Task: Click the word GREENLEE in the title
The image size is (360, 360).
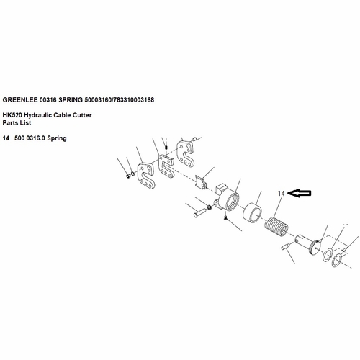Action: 20,100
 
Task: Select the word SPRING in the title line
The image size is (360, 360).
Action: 71,100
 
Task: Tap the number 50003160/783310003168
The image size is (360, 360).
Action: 119,100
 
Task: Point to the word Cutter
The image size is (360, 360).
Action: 82,115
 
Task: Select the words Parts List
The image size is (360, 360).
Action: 17,123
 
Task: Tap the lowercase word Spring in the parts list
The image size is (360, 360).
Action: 57,138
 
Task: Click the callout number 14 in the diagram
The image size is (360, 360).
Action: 281,193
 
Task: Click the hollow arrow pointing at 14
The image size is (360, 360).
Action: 299,193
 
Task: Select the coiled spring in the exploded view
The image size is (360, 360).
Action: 276,227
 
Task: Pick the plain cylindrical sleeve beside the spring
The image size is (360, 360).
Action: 253,212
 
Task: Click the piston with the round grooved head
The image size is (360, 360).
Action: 308,245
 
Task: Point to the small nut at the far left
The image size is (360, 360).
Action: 128,176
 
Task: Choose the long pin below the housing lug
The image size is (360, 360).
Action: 199,212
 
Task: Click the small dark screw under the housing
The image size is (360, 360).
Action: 225,217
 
